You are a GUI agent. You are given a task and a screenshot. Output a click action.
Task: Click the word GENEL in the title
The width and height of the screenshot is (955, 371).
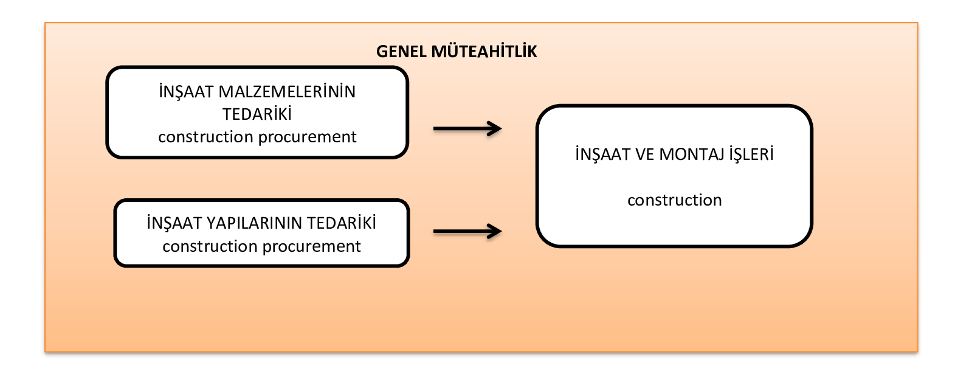point(401,52)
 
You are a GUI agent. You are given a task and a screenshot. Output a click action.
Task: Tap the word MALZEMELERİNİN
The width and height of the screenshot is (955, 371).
point(286,92)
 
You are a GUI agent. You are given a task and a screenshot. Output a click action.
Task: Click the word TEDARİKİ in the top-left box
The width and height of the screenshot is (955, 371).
point(257,114)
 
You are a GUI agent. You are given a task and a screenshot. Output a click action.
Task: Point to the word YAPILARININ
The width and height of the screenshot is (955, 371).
point(253,223)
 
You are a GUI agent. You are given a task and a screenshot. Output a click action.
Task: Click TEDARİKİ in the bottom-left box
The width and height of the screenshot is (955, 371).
point(341,223)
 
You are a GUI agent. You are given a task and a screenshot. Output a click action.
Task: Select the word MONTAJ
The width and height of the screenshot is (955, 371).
point(692,154)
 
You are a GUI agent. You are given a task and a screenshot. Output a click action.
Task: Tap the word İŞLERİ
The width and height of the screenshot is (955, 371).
point(751,153)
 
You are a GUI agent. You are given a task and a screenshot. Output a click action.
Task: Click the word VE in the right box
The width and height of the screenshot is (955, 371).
point(644,154)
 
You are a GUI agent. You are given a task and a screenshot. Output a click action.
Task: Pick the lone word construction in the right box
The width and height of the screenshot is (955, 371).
point(675,200)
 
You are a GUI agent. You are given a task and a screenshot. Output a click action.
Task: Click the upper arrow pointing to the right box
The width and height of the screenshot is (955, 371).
point(467,128)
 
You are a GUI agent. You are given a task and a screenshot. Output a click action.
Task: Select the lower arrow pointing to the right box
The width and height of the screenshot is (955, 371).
point(467,232)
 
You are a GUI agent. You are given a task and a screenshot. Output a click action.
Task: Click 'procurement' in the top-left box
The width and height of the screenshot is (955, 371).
point(307,137)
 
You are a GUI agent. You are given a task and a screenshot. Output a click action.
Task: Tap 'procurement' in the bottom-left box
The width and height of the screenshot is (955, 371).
point(311,247)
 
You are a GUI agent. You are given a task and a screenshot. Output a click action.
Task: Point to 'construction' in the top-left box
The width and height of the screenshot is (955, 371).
point(205,137)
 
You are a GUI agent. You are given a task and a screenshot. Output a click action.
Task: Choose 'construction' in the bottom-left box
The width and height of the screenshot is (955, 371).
point(210,246)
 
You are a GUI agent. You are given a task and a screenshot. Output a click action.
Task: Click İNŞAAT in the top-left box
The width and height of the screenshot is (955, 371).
point(186,92)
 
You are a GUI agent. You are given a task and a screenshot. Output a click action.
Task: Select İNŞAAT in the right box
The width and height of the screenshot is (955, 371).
point(602,154)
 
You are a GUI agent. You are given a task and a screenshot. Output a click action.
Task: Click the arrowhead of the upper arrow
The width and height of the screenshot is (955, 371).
point(495,128)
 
